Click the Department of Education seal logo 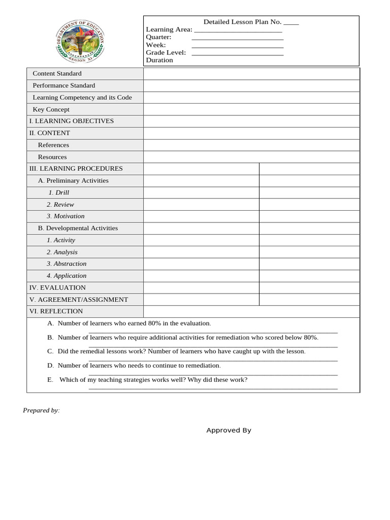[x=80, y=42]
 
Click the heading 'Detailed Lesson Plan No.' [x=242, y=22]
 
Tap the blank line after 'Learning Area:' [x=238, y=30]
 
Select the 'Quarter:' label [x=158, y=37]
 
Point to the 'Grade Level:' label [x=166, y=52]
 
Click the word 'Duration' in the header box [x=159, y=60]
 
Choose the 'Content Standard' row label [x=57, y=74]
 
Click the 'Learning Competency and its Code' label [x=82, y=97]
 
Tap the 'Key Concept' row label [x=51, y=109]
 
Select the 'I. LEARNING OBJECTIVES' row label [x=71, y=121]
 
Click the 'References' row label [x=53, y=145]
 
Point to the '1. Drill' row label [x=58, y=192]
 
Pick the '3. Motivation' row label [x=66, y=216]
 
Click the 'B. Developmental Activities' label [x=78, y=228]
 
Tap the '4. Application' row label [x=67, y=276]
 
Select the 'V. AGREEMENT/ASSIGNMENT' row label [x=78, y=300]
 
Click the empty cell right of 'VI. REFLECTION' [x=251, y=311]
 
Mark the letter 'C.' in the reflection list [x=50, y=351]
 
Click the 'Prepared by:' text [x=41, y=410]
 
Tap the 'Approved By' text [x=229, y=430]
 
